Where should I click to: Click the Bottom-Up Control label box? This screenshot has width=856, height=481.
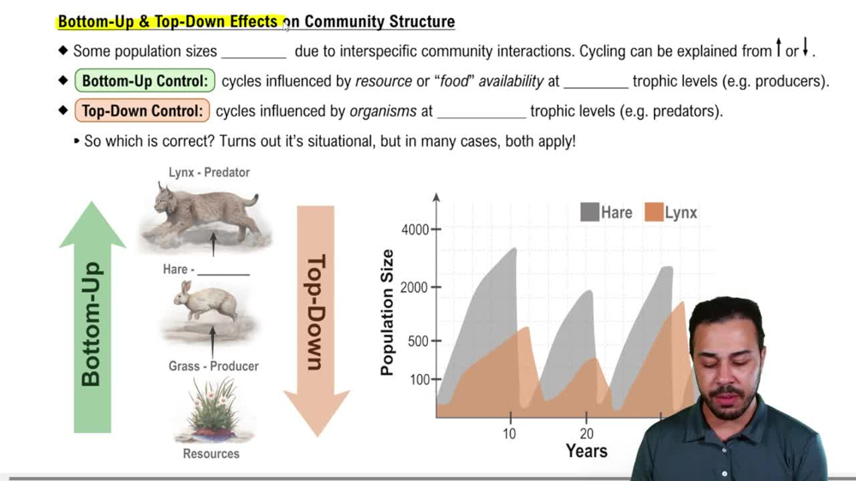[144, 82]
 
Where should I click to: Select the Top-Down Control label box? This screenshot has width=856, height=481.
[141, 111]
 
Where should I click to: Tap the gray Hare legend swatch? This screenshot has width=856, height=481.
[589, 212]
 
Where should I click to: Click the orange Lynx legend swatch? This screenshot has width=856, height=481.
[654, 212]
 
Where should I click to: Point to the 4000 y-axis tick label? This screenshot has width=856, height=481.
[417, 229]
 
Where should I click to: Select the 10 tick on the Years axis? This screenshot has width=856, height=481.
[509, 434]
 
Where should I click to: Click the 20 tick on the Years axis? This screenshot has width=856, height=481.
[586, 434]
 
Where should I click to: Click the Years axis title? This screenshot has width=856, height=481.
[586, 451]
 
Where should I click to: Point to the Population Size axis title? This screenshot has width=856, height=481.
[388, 312]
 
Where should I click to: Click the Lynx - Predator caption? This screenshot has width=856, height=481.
[209, 172]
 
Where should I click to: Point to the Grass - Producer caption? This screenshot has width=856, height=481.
[213, 366]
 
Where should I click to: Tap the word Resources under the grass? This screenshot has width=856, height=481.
[211, 454]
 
